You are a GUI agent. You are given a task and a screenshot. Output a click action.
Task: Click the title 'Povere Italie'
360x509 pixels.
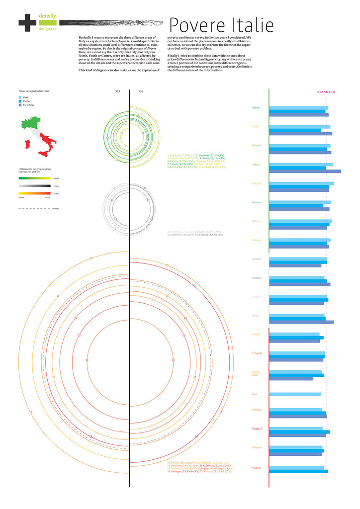(x=221, y=24)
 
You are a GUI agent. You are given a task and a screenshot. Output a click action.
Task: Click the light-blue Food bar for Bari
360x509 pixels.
(x=295, y=394)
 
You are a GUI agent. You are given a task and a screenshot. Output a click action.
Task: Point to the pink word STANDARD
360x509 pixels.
(x=326, y=92)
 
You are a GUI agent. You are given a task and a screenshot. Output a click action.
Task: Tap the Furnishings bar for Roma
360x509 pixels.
(x=301, y=322)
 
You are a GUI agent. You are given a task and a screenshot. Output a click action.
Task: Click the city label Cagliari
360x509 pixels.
(x=257, y=467)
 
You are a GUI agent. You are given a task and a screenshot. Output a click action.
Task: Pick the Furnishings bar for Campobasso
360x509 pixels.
(x=291, y=379)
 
